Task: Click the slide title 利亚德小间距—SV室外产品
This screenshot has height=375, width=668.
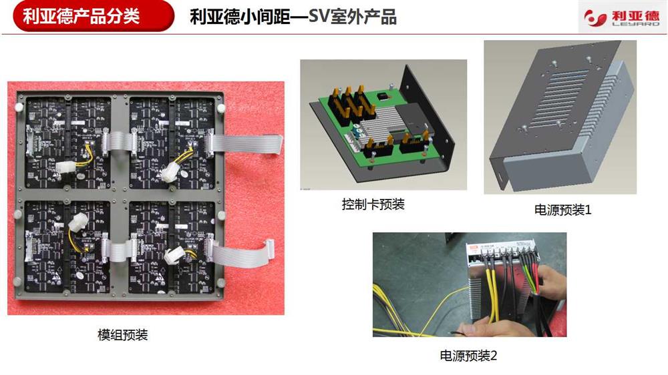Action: pyautogui.click(x=293, y=17)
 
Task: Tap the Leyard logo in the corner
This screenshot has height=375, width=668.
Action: pyautogui.click(x=621, y=18)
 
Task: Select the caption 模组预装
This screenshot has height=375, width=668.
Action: pyautogui.click(x=123, y=335)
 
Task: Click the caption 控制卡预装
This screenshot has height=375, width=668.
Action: pyautogui.click(x=373, y=204)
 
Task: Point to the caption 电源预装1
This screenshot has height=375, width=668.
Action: pyautogui.click(x=562, y=210)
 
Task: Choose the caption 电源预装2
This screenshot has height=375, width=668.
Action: pyautogui.click(x=468, y=356)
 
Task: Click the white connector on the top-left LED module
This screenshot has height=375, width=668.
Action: pyautogui.click(x=65, y=167)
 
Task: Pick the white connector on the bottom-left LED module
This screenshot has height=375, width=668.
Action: pyautogui.click(x=79, y=222)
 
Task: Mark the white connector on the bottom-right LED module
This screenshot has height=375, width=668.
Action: pyautogui.click(x=174, y=255)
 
